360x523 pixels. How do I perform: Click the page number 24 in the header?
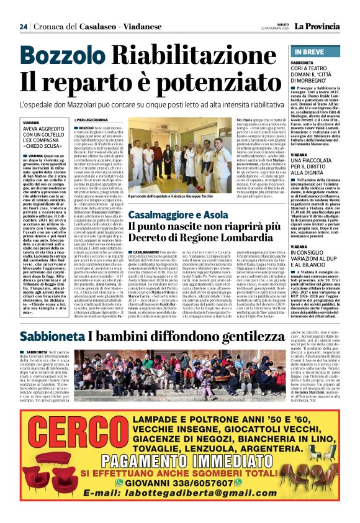tap(24, 27)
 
